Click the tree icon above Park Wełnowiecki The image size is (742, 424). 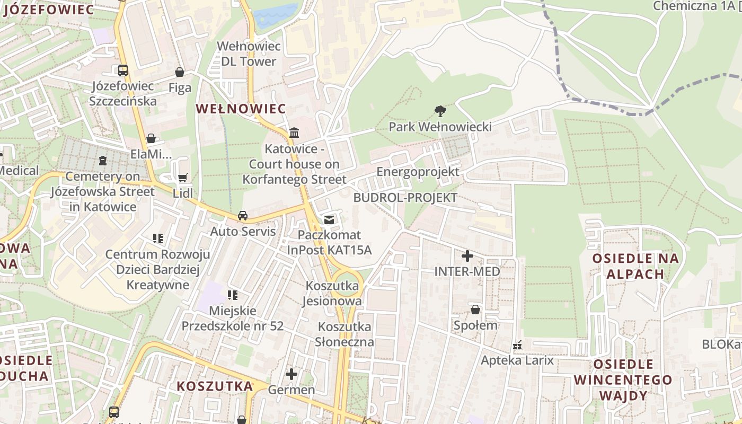click(x=440, y=111)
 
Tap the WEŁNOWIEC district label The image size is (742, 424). click(x=241, y=109)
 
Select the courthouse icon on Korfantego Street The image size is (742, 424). click(x=294, y=132)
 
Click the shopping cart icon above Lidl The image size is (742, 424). click(x=183, y=178)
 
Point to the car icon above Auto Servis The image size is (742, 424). click(x=243, y=216)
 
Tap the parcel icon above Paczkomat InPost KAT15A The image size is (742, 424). click(x=329, y=219)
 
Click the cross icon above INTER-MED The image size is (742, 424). click(x=467, y=256)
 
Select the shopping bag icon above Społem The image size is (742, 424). click(x=475, y=310)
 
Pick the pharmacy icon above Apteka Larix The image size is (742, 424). click(x=517, y=346)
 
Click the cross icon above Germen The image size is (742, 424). click(x=291, y=374)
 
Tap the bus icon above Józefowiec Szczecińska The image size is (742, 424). click(x=123, y=70)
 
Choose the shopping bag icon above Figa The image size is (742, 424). click(x=180, y=72)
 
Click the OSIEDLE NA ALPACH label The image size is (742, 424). click(x=635, y=266)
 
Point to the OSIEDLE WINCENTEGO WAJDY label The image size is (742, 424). click(x=623, y=380)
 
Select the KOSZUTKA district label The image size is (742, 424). click(x=215, y=386)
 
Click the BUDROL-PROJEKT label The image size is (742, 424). click(x=404, y=198)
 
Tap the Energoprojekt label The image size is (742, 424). click(x=418, y=172)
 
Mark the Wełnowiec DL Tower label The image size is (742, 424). click(x=249, y=54)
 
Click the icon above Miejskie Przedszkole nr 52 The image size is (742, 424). click(x=232, y=295)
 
